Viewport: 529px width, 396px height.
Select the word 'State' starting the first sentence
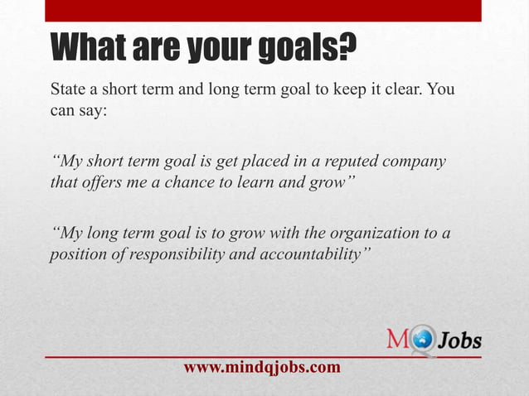(68, 89)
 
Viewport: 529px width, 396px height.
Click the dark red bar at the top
(263, 9)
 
